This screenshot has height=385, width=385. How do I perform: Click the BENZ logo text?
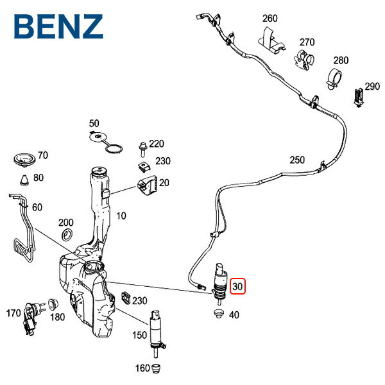[x=58, y=26]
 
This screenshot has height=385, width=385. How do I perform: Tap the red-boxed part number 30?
[x=237, y=286]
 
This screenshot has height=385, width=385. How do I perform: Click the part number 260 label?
[x=270, y=19]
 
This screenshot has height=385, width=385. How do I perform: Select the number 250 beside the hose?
[x=297, y=160]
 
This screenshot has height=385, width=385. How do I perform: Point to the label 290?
[x=372, y=86]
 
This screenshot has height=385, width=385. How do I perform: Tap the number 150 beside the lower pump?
[x=139, y=334]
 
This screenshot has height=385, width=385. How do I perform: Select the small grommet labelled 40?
[x=216, y=314]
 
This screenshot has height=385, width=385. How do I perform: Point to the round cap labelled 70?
[x=24, y=158]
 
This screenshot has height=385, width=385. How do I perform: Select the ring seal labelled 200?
[x=67, y=239]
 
